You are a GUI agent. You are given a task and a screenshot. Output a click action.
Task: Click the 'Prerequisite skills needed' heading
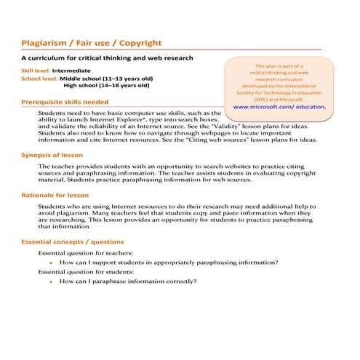(65, 102)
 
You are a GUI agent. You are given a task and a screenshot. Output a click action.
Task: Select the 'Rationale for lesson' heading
(55, 195)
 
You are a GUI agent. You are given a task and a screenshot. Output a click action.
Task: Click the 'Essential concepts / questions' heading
(72, 241)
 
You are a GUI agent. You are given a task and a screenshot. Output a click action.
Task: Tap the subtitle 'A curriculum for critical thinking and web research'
(107, 57)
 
